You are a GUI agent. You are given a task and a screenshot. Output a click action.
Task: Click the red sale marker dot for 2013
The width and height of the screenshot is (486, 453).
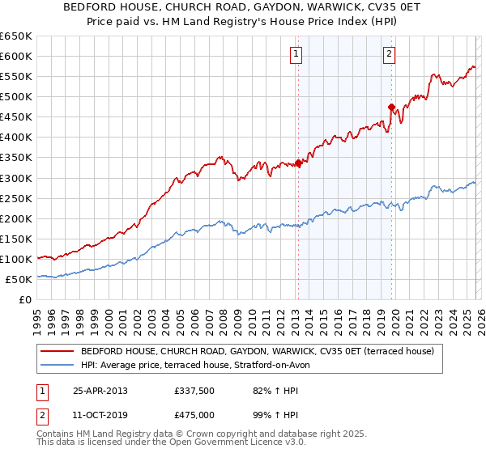point(298,163)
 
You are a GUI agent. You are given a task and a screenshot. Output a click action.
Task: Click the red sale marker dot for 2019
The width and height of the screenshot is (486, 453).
point(391,107)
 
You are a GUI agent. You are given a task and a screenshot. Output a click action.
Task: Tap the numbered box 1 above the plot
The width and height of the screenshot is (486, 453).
point(296,54)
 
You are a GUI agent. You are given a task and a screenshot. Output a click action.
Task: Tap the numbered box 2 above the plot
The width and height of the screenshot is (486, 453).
point(390,54)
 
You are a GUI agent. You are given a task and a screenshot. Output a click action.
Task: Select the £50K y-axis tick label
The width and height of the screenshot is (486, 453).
point(19,279)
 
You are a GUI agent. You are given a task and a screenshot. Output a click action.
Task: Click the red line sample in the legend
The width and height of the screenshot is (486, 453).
point(57,351)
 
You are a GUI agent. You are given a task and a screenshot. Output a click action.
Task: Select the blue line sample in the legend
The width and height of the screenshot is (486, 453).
point(57,365)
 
